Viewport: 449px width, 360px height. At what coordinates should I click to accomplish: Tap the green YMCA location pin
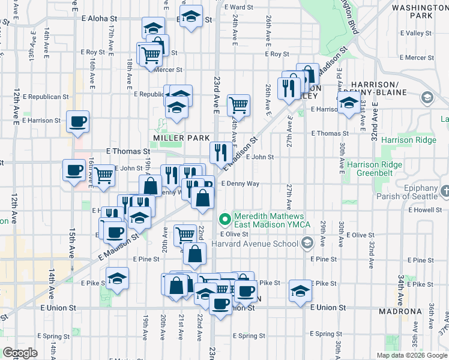pos(225,219)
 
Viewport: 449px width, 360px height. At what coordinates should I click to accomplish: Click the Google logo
pos(20,353)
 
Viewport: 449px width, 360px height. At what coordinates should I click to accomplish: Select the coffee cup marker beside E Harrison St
pos(78,122)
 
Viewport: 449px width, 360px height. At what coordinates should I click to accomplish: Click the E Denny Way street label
pos(240,184)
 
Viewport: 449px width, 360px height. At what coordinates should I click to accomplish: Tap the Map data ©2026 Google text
pos(412,355)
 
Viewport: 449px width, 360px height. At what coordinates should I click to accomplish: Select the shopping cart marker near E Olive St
pos(185,235)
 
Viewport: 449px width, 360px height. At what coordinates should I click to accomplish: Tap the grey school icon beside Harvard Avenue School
pos(307,242)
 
